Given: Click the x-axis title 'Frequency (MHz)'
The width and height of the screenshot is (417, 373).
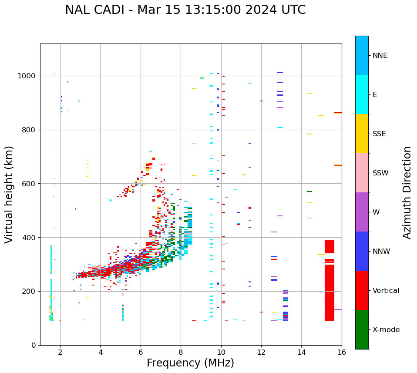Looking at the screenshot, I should [x=190, y=363].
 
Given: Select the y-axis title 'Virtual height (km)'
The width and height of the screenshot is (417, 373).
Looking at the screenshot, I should [x=9, y=195].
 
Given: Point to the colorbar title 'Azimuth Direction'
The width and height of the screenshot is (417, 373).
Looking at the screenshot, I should [x=407, y=192].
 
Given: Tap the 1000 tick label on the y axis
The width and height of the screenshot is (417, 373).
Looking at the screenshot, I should [x=27, y=76].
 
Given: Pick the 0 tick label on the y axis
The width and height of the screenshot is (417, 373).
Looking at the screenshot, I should [x=33, y=345].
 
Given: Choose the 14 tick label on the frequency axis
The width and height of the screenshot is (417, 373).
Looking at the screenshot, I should [x=301, y=353].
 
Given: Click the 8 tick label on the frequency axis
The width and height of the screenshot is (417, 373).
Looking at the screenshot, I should [x=181, y=353].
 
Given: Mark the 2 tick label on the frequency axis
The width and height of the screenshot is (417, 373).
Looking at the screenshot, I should [x=60, y=353].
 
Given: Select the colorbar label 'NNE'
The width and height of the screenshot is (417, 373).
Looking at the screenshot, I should [x=380, y=56].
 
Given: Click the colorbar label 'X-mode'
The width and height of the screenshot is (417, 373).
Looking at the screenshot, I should [x=386, y=330].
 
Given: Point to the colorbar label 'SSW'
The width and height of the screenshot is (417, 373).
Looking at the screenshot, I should [x=380, y=173].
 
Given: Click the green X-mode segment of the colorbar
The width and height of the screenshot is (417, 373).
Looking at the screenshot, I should [x=362, y=329].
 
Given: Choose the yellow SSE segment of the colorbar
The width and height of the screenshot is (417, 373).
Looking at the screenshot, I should [x=362, y=134].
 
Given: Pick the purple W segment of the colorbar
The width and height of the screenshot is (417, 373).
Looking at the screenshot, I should [x=362, y=212].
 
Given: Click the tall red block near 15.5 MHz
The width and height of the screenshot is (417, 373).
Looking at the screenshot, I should [x=330, y=283].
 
